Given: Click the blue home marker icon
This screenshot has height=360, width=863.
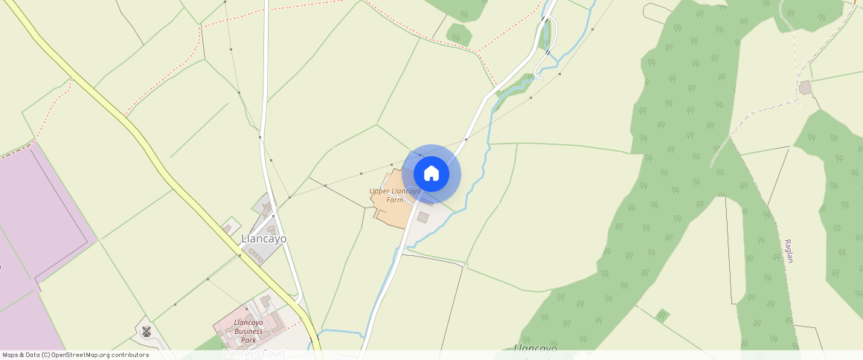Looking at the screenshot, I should [x=431, y=174].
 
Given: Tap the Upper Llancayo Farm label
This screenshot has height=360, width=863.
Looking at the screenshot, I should [x=395, y=195].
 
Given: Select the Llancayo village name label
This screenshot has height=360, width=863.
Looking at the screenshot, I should [x=263, y=239].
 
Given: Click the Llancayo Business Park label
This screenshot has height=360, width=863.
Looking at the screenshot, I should [x=248, y=331].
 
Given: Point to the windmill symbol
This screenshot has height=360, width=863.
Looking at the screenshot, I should [x=147, y=331].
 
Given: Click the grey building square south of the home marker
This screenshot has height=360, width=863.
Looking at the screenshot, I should [x=423, y=217].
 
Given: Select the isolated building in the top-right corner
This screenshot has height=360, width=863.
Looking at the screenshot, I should [x=805, y=88].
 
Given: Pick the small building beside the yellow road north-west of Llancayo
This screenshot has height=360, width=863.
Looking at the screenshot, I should [x=228, y=227].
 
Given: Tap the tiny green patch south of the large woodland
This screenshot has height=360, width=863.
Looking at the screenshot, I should [x=662, y=315].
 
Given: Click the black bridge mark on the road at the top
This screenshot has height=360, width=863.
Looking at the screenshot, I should [x=547, y=52].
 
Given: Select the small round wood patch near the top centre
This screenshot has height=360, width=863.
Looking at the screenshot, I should [x=459, y=33].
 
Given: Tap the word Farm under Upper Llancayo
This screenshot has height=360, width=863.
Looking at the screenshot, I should [x=395, y=199].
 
